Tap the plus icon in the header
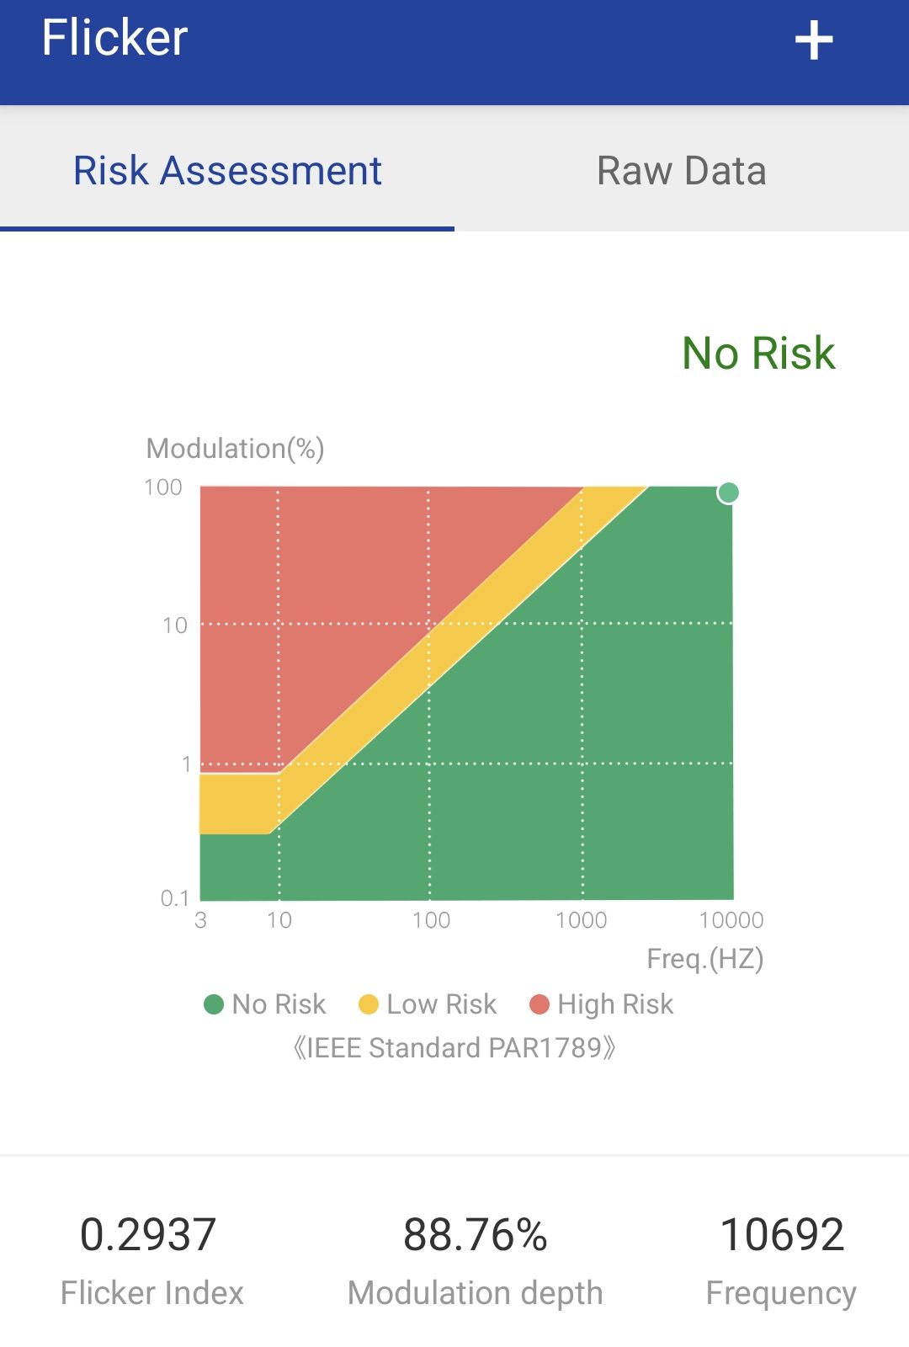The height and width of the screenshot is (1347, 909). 814,40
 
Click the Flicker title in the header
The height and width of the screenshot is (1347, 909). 114,38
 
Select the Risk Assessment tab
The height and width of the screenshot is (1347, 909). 227,171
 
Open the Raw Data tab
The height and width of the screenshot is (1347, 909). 681,171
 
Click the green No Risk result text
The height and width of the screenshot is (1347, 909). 758,353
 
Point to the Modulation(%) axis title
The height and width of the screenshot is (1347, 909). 235,449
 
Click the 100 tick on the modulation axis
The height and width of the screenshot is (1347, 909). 163,487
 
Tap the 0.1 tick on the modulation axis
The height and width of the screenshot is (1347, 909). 174,898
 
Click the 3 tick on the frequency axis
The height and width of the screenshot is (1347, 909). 200,920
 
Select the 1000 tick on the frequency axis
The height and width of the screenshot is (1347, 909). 581,920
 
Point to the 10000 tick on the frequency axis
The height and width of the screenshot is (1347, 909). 731,920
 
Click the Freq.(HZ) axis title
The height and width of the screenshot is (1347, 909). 704,959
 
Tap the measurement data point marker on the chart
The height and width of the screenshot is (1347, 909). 728,492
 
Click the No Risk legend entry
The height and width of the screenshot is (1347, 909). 265,1004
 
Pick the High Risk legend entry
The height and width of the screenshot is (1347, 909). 602,1004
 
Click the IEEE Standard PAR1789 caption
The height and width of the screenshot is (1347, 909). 454,1048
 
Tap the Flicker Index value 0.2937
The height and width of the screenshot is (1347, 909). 148,1235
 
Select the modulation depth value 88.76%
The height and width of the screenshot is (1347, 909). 476,1235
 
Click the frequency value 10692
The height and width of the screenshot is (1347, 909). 782,1235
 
